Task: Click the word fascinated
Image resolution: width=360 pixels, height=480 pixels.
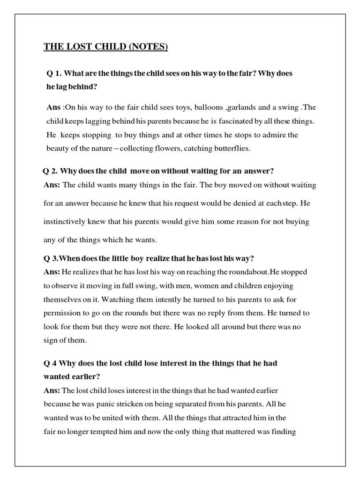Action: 235,121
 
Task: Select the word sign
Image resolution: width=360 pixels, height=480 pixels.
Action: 51,340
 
